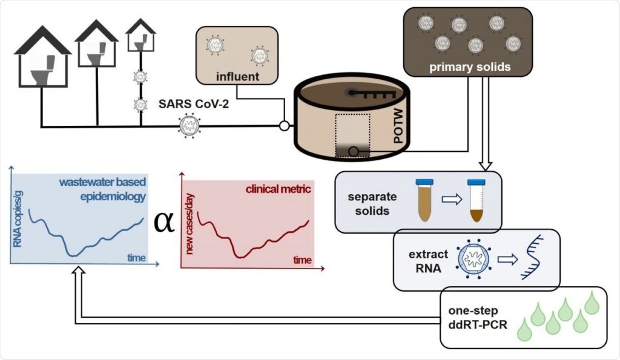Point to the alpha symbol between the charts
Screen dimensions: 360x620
click(163, 221)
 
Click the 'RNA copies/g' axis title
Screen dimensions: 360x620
click(18, 214)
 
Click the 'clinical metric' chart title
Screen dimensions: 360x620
click(278, 189)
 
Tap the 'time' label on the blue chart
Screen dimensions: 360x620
click(136, 258)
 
